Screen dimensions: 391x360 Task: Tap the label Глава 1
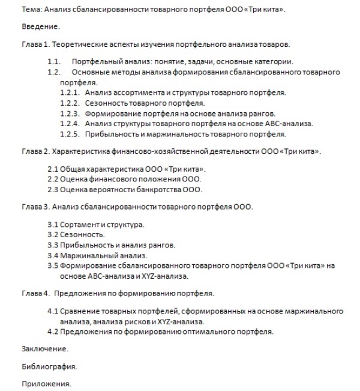coord(36,45)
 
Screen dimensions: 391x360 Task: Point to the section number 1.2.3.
coord(70,113)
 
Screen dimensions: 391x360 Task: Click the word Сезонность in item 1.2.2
coord(106,103)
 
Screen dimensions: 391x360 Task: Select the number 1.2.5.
coord(70,134)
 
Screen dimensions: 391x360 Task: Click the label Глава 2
coord(36,151)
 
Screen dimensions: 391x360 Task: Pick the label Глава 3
coord(36,207)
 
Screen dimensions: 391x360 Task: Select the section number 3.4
coord(53,256)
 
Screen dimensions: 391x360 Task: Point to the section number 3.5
coord(53,266)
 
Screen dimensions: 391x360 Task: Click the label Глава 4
coord(36,294)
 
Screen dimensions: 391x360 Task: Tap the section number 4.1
coord(53,312)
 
